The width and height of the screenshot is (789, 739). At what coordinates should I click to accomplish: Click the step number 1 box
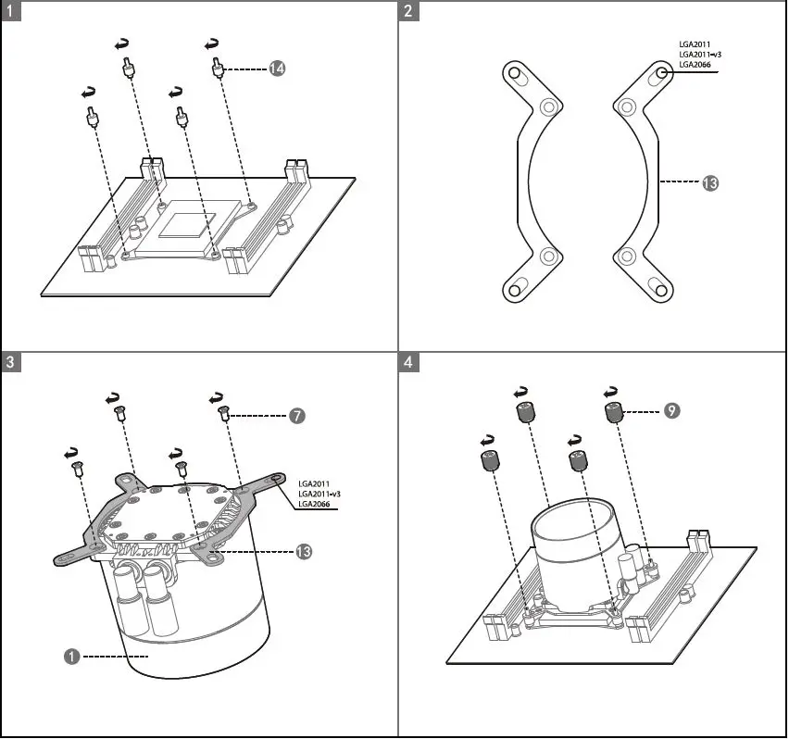pos(11,11)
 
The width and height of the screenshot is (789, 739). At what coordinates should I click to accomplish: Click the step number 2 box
pos(408,11)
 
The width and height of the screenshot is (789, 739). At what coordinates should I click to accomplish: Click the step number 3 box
pos(11,361)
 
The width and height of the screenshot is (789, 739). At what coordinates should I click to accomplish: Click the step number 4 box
pos(408,361)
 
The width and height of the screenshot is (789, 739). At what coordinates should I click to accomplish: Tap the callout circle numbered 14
pos(276,69)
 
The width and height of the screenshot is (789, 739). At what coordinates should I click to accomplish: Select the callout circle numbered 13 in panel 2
pos(709,183)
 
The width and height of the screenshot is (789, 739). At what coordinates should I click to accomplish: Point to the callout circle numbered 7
pos(295,416)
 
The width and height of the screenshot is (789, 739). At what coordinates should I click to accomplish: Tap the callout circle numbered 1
pos(70,656)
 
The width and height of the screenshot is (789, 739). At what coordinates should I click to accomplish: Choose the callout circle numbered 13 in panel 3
pos(303,551)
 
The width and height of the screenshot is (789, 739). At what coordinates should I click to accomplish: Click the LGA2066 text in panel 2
pos(695,65)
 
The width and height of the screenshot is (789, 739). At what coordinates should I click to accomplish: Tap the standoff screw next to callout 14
pos(219,69)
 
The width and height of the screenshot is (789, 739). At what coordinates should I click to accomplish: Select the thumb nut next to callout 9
pos(614,413)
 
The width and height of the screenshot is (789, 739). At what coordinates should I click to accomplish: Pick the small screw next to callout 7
pos(224,414)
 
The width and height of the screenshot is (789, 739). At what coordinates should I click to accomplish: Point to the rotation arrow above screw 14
pos(213,43)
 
